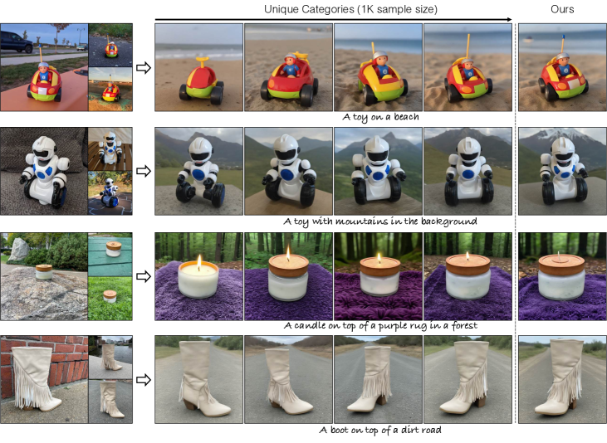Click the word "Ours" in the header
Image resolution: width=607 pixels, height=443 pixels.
click(562, 9)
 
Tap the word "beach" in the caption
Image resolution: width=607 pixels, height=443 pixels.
click(406, 117)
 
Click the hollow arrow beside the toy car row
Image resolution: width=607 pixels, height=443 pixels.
click(144, 68)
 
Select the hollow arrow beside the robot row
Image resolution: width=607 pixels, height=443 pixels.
click(144, 171)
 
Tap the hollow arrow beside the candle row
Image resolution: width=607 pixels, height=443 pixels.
click(144, 276)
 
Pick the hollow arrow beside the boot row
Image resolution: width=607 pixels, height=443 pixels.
click(144, 380)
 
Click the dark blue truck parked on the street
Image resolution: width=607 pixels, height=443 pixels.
click(16, 42)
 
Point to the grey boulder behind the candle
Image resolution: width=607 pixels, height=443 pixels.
click(17, 249)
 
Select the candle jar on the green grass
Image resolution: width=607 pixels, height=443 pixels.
click(110, 296)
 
